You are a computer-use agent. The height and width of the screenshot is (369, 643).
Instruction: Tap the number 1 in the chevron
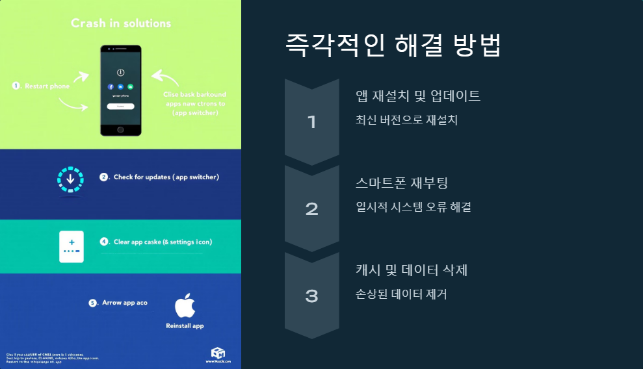click(x=311, y=121)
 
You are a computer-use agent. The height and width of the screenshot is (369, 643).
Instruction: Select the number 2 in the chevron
click(x=311, y=209)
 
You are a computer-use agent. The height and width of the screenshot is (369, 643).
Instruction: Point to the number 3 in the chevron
click(x=311, y=296)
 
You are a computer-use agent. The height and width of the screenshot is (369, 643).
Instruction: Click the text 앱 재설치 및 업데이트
click(x=418, y=96)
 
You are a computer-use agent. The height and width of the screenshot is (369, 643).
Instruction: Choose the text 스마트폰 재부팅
click(x=402, y=183)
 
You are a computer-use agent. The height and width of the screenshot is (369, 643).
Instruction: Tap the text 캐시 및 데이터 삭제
click(x=412, y=270)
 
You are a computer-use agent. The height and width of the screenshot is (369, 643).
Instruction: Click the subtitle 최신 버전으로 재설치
click(x=406, y=120)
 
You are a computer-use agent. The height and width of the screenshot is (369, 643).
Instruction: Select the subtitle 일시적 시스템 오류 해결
click(x=413, y=207)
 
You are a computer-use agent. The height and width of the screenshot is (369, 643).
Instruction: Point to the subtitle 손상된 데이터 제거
click(x=401, y=294)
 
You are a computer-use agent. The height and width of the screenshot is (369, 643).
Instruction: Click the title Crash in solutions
click(x=121, y=23)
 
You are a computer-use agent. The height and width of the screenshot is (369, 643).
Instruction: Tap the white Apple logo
click(x=185, y=305)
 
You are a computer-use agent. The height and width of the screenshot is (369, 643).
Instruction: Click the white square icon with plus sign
click(x=72, y=246)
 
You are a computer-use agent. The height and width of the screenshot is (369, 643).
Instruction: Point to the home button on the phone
click(x=121, y=129)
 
